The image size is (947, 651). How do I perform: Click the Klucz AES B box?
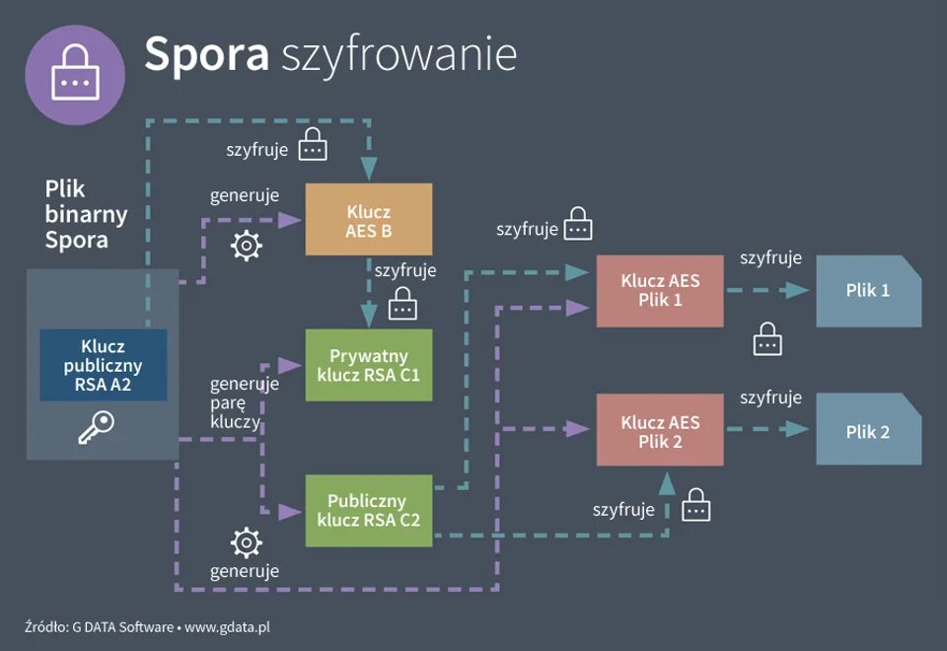[368, 219]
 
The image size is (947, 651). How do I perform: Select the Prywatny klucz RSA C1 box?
[368, 365]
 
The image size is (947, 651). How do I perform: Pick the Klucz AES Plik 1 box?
[660, 291]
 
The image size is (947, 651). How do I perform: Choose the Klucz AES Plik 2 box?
[660, 432]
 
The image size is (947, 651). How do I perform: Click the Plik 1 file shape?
[868, 291]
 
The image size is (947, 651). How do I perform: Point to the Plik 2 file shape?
[868, 432]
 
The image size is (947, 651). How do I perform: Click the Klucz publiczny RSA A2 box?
[104, 365]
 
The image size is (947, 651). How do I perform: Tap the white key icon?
[97, 427]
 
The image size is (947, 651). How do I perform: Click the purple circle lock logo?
[75, 75]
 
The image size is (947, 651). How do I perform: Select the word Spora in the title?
[206, 54]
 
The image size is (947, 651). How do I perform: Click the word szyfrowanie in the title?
[399, 56]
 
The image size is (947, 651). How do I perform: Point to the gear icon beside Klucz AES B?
[246, 246]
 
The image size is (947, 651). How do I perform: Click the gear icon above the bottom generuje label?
[246, 542]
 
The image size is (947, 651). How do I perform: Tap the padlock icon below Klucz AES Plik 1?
[767, 339]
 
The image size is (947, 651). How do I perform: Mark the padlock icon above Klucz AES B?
[313, 146]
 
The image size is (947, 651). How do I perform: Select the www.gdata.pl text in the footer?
[228, 626]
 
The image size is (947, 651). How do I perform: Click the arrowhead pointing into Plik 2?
[800, 430]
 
